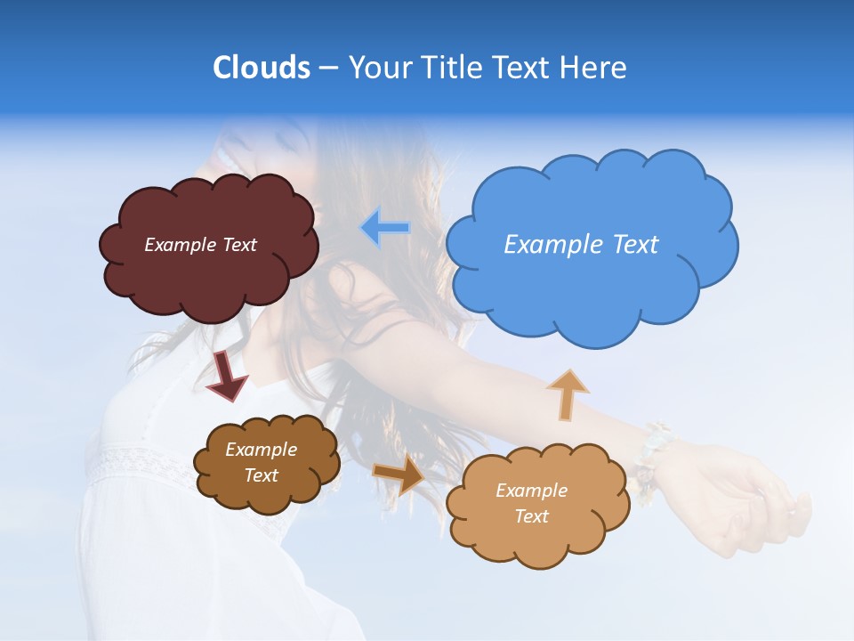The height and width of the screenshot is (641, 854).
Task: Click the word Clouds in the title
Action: pyautogui.click(x=261, y=68)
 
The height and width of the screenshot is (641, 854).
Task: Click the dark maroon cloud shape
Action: pyautogui.click(x=208, y=276)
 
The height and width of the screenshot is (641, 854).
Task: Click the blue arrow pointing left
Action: pyautogui.click(x=385, y=227)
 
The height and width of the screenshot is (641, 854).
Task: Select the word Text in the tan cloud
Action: pyautogui.click(x=531, y=516)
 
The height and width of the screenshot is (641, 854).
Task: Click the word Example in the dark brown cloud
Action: pyautogui.click(x=261, y=450)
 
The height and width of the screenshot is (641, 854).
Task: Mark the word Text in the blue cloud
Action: pyautogui.click(x=633, y=245)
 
